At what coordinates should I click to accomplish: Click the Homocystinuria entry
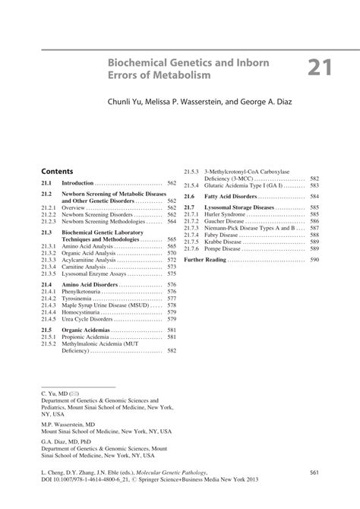[83, 312]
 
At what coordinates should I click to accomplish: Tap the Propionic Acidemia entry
[87, 337]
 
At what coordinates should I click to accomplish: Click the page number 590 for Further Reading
[314, 260]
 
